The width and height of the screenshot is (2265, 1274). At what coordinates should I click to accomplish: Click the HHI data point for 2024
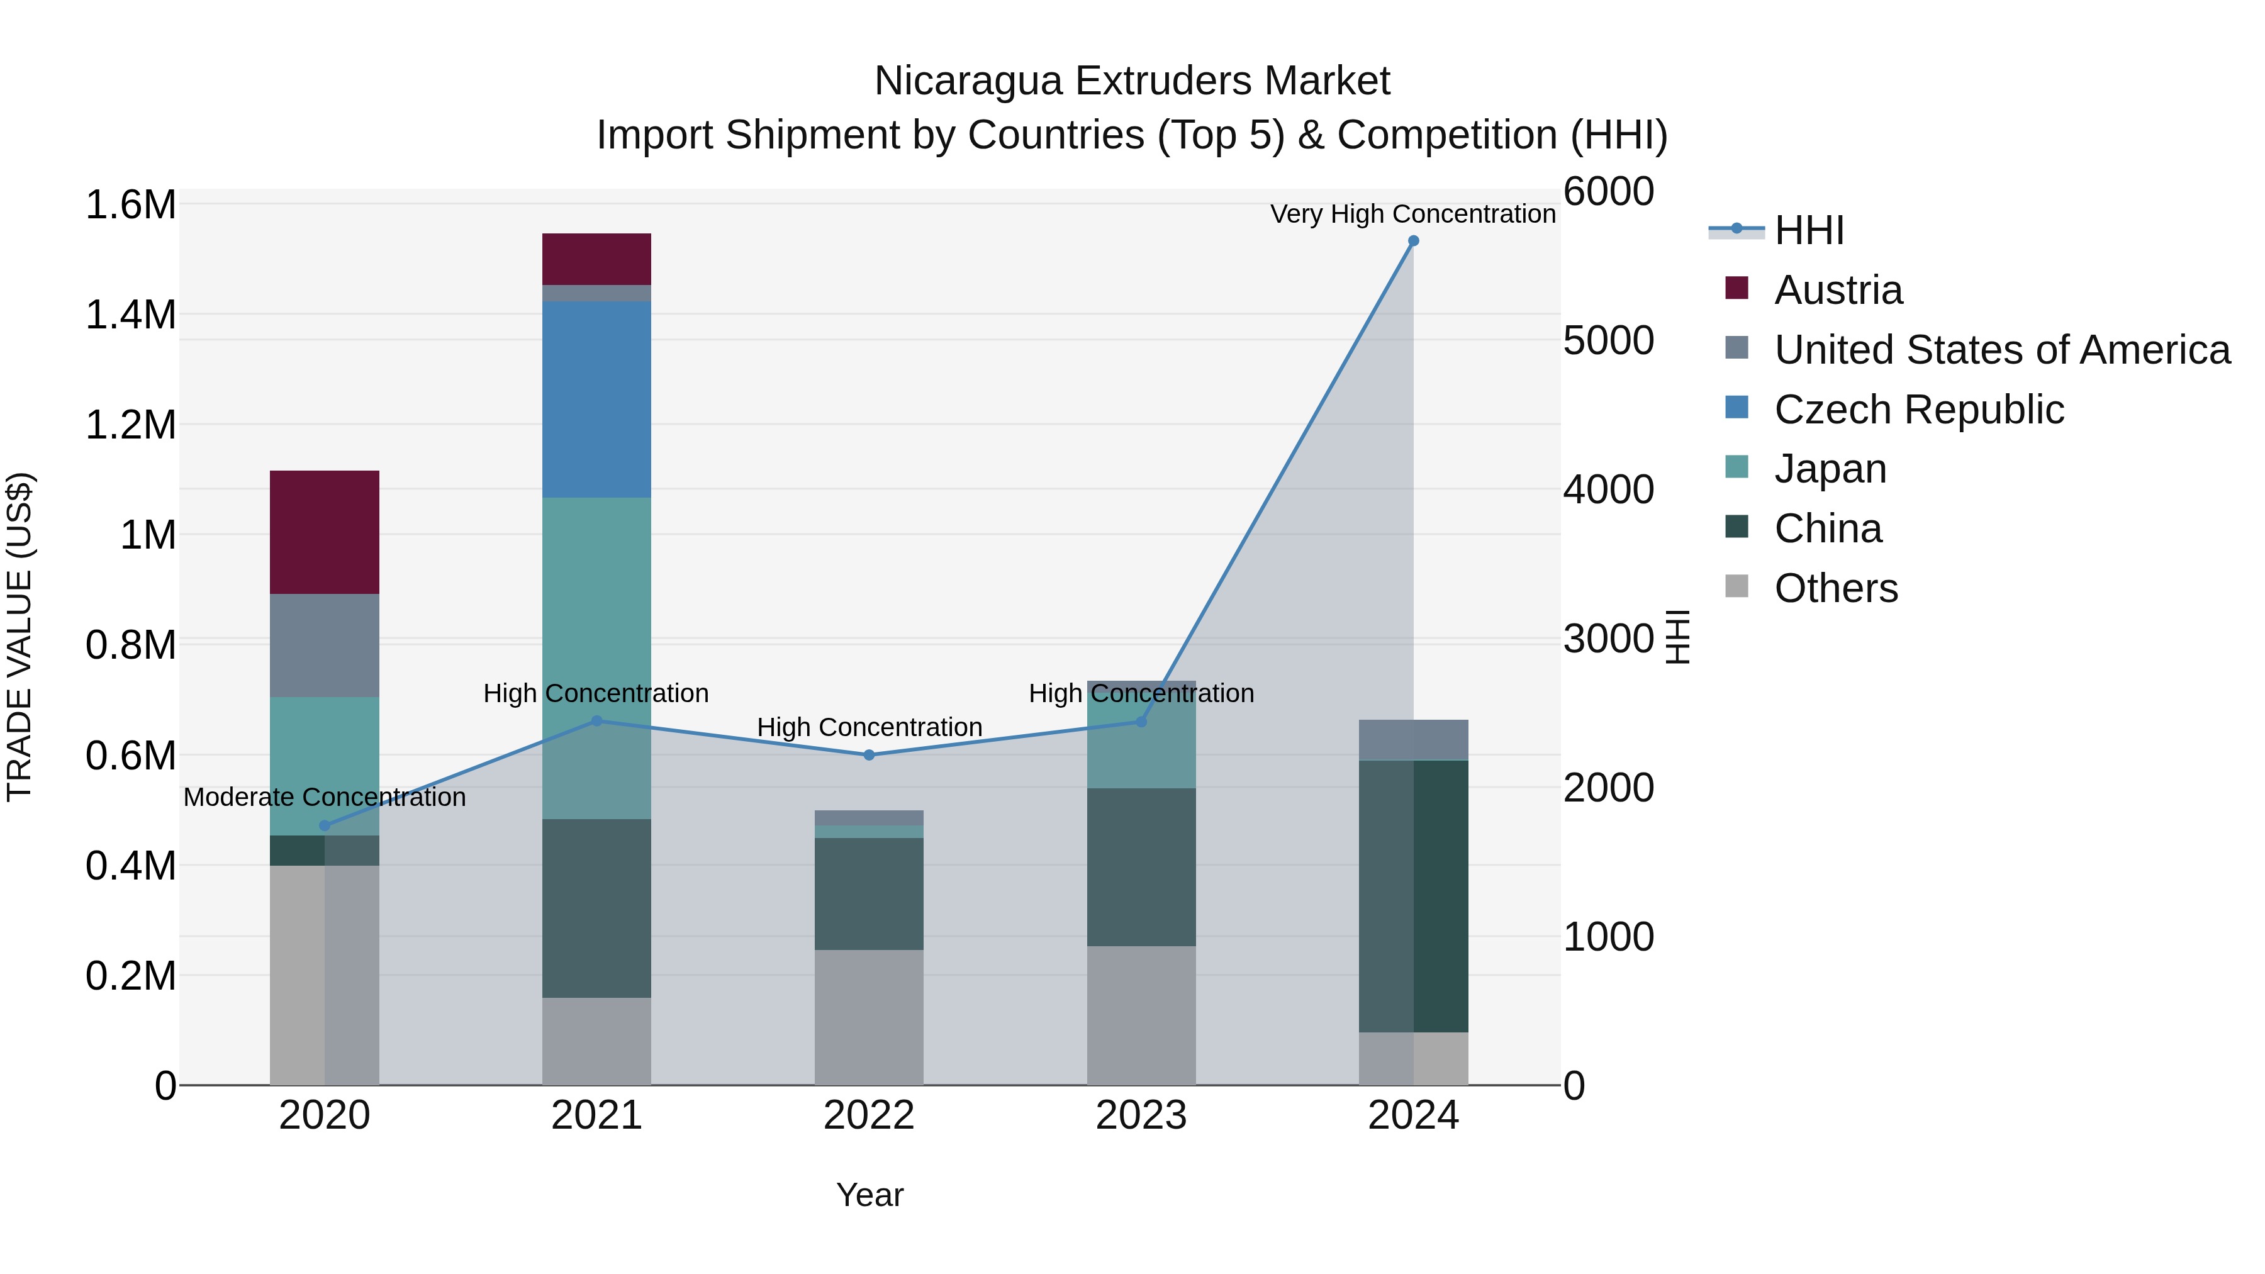click(1413, 241)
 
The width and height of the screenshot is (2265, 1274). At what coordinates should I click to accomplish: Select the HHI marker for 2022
click(869, 755)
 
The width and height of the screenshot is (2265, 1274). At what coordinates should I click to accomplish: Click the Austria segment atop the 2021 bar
click(596, 259)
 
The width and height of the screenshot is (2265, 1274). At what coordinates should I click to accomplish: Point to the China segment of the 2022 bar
click(869, 893)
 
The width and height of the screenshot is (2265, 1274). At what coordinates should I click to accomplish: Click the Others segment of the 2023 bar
click(1141, 1015)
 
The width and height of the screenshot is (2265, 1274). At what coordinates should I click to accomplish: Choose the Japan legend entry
click(1830, 469)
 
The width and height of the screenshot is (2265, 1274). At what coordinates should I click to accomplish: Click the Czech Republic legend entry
click(1918, 410)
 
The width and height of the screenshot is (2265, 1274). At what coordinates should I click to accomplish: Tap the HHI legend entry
click(1809, 230)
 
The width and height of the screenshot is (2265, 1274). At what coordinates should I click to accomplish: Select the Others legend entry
click(1835, 588)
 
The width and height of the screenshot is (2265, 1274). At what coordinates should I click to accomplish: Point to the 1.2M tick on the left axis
click(131, 425)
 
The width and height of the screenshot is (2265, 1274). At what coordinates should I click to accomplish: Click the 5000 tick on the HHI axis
click(1608, 340)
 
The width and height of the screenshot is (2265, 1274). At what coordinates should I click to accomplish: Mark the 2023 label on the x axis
click(1141, 1115)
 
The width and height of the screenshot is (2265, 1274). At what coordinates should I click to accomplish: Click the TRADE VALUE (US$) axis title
click(20, 637)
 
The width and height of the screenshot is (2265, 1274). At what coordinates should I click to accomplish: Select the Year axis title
click(870, 1195)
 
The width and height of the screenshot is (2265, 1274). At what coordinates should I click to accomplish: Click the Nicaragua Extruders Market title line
click(1132, 81)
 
